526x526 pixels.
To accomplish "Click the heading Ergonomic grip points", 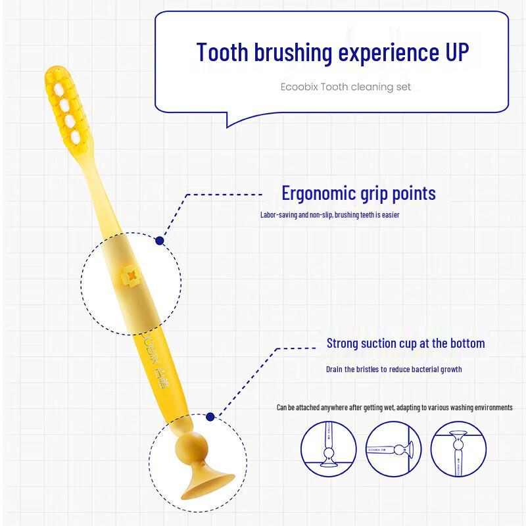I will pos(358,193).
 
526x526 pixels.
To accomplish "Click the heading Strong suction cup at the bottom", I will pos(406,343).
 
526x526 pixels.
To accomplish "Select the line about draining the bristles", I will pos(393,370).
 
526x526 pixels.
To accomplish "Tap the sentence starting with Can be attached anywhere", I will pos(394,408).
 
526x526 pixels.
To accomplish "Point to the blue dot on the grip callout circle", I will pos(159,241).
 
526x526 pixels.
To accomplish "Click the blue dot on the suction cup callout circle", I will pos(210,417).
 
